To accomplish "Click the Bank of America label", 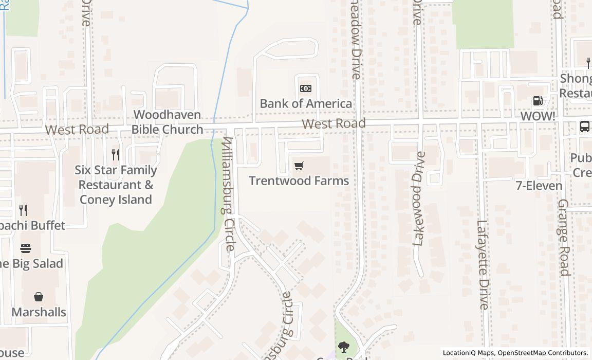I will pos(306,103).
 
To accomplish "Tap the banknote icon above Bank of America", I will pos(306,88).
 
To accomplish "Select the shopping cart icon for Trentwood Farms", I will pos(299,166).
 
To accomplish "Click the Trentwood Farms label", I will pos(299,181).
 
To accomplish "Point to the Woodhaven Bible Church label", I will pos(167,122).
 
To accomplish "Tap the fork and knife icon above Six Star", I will pos(116,154).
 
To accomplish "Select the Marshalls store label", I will pos(39,312).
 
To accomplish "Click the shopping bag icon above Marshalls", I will pos(39,297).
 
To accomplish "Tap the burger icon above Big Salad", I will pos(26,249).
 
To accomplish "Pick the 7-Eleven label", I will pos(539,186).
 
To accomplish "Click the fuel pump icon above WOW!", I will pos(538,101).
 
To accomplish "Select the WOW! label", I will pos(538,116).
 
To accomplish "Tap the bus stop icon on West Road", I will pos(585,127).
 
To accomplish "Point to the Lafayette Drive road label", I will pos(483,264).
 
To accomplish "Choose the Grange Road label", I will pos(564,237).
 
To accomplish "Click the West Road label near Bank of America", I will pos(334,123).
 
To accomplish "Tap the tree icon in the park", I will pos(343,347).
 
